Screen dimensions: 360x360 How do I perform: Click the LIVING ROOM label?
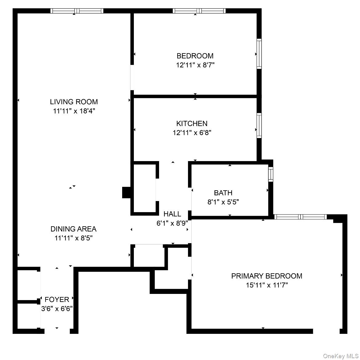(74, 102)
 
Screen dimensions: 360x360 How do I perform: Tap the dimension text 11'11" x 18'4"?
(74, 111)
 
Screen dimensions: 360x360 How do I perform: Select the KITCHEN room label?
(192, 124)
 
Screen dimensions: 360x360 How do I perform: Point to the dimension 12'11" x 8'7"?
(195, 65)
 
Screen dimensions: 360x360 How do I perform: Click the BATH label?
(223, 193)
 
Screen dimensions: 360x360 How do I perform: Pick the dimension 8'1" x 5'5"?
(223, 202)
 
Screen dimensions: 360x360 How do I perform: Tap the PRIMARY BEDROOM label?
(266, 276)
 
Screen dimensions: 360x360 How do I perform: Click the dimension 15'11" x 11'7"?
(266, 285)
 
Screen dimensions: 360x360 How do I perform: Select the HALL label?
(172, 214)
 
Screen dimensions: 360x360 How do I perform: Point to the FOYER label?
(57, 299)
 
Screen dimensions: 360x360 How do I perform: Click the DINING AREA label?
(74, 229)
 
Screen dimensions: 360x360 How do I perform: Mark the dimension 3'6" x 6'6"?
(57, 309)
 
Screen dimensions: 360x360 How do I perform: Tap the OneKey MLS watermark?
(340, 356)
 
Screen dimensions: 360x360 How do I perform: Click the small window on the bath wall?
(270, 174)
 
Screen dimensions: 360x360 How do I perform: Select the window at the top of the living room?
(77, 11)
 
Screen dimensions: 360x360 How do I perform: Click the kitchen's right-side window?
(259, 125)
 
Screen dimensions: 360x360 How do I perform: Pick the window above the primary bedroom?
(300, 217)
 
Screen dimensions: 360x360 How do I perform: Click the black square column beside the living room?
(126, 192)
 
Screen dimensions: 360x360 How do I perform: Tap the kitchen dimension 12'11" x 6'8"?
(192, 133)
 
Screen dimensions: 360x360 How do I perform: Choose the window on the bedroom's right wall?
(259, 54)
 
